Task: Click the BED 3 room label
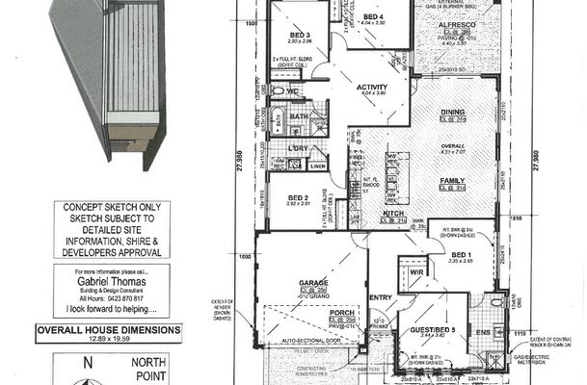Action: tap(300, 34)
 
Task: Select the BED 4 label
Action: tap(374, 17)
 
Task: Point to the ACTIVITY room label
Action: tap(371, 87)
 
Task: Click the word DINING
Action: tap(452, 112)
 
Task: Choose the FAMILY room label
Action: tap(451, 180)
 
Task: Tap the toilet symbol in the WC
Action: tap(280, 90)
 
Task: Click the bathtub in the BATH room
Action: tap(277, 122)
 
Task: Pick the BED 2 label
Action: tap(298, 197)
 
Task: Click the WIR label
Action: tap(415, 272)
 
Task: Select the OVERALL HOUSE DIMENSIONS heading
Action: tap(108, 329)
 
